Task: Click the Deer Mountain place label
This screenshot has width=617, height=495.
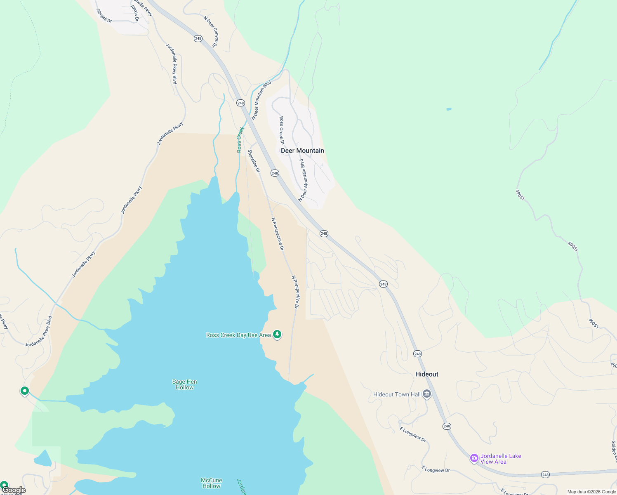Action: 302,151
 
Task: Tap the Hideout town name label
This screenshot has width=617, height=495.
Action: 426,374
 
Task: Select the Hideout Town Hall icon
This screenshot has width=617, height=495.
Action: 427,394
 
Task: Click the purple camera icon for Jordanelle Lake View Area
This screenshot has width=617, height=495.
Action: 474,458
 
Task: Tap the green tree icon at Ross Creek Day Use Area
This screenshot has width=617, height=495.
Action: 277,335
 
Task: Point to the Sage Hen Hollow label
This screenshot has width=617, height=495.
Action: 184,384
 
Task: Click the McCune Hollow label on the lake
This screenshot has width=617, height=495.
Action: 211,483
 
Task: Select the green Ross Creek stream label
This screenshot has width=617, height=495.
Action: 240,139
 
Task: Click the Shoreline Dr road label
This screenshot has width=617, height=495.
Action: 254,161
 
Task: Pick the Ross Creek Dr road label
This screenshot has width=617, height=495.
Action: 282,130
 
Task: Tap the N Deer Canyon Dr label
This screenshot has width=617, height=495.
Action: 210,31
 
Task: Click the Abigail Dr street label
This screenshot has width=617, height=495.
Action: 104,16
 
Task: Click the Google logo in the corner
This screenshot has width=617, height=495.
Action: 14,490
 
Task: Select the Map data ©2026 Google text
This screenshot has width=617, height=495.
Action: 591,492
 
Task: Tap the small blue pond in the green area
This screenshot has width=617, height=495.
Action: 449,109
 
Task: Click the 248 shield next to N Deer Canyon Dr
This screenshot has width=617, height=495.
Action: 198,38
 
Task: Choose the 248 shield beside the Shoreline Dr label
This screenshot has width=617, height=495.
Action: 275,173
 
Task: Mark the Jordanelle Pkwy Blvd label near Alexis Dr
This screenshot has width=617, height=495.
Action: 171,64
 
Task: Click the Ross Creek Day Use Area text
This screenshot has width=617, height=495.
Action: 238,335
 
